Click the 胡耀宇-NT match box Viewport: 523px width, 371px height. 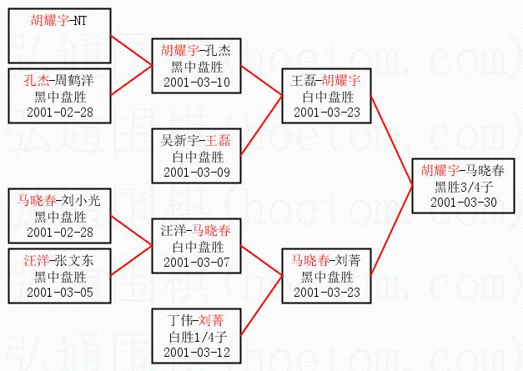click(57, 33)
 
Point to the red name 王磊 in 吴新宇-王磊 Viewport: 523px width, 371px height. click(219, 138)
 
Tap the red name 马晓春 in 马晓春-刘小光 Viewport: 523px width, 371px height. click(38, 199)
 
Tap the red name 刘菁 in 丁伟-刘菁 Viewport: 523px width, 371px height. click(219, 318)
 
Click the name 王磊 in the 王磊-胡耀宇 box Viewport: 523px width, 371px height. click(304, 80)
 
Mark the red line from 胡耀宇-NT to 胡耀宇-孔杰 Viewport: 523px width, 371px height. click(130, 45)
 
